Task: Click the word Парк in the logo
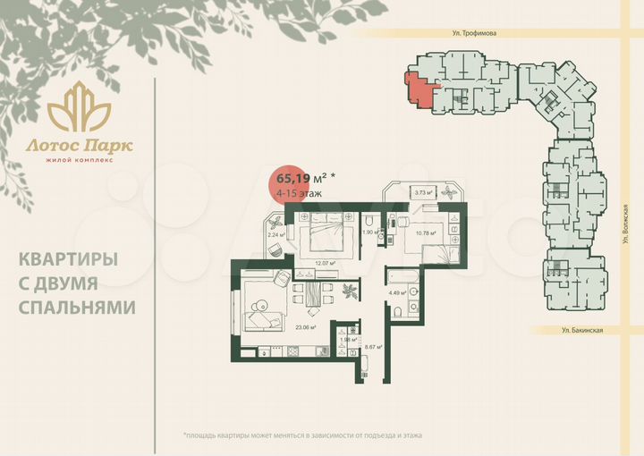(x=108, y=144)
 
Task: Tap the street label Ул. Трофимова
(x=474, y=33)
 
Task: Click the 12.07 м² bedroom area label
(x=324, y=263)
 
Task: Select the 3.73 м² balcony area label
(x=422, y=192)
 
